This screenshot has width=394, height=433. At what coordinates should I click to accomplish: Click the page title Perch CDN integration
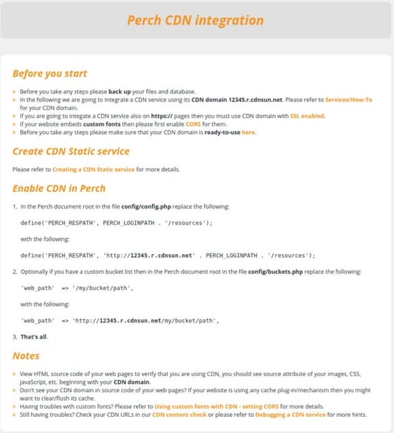196,19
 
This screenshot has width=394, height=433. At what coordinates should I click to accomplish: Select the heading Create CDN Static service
71,151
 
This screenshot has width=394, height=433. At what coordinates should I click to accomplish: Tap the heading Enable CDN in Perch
59,188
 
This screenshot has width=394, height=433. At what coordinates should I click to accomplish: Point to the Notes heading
26,356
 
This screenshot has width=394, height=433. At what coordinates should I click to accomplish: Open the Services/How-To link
348,100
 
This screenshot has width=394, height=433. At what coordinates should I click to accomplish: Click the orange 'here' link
248,132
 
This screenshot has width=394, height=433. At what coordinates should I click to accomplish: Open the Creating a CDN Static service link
93,170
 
